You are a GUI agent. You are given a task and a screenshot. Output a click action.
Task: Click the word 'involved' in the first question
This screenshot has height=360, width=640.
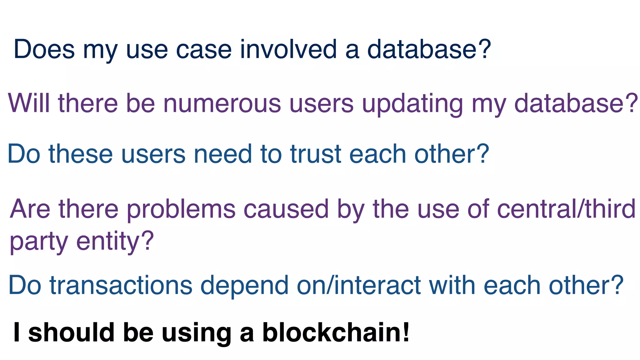click(x=288, y=49)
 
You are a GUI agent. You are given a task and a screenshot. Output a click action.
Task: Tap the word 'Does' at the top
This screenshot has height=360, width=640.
click(x=44, y=49)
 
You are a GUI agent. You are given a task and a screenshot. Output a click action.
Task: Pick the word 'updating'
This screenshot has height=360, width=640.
click(x=412, y=104)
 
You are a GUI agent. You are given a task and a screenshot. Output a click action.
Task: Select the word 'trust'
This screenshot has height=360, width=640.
click(x=315, y=154)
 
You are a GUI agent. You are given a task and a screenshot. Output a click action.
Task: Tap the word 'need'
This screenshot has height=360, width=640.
click(x=222, y=154)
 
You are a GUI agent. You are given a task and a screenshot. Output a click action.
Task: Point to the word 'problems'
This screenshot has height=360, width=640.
click(x=181, y=209)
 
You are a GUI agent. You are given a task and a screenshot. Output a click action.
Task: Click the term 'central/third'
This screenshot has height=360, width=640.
click(x=566, y=208)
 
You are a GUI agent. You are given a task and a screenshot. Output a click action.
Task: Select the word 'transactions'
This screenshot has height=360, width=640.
click(x=121, y=285)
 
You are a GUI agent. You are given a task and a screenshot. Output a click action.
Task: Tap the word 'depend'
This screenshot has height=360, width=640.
click(x=244, y=286)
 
